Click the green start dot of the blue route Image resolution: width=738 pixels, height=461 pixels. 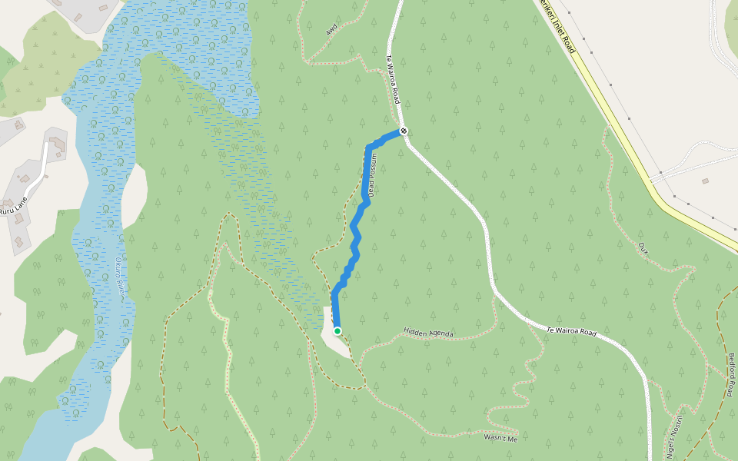click(337, 331)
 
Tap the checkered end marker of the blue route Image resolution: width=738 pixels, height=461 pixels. click(403, 131)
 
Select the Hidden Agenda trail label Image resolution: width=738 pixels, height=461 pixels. click(428, 333)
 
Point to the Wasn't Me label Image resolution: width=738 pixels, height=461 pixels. click(501, 438)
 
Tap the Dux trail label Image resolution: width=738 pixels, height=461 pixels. click(643, 247)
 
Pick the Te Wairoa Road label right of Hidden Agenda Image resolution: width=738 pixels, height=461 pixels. click(571, 331)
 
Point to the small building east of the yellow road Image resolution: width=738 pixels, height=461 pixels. click(705, 181)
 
